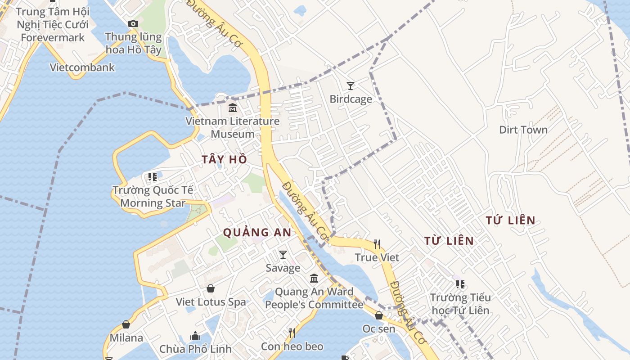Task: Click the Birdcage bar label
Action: [x=351, y=99]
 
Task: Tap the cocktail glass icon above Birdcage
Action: [x=351, y=85]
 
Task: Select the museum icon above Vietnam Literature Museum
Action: [x=233, y=108]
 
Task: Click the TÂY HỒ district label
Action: [x=224, y=159]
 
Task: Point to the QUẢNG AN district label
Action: [x=257, y=233]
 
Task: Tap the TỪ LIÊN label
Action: [x=449, y=241]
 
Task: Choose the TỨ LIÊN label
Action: [x=511, y=220]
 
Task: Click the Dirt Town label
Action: [x=523, y=130]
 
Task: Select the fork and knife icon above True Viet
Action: [x=377, y=244]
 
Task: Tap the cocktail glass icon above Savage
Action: [x=283, y=255]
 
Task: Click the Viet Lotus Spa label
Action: [x=211, y=302]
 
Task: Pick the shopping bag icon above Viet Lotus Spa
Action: [x=211, y=288]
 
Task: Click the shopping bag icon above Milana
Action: [x=126, y=324]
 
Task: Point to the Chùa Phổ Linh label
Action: [x=195, y=349]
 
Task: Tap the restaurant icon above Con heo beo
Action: [x=292, y=333]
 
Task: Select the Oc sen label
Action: [x=379, y=329]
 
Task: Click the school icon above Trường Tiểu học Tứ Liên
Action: [x=460, y=284]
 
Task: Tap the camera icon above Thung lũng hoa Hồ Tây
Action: [x=133, y=23]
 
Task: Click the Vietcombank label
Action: [x=82, y=67]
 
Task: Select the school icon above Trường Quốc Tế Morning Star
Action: [x=153, y=177]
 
